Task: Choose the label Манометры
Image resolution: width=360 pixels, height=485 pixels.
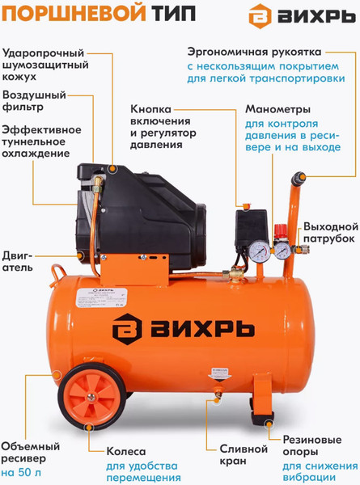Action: tap(276, 112)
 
